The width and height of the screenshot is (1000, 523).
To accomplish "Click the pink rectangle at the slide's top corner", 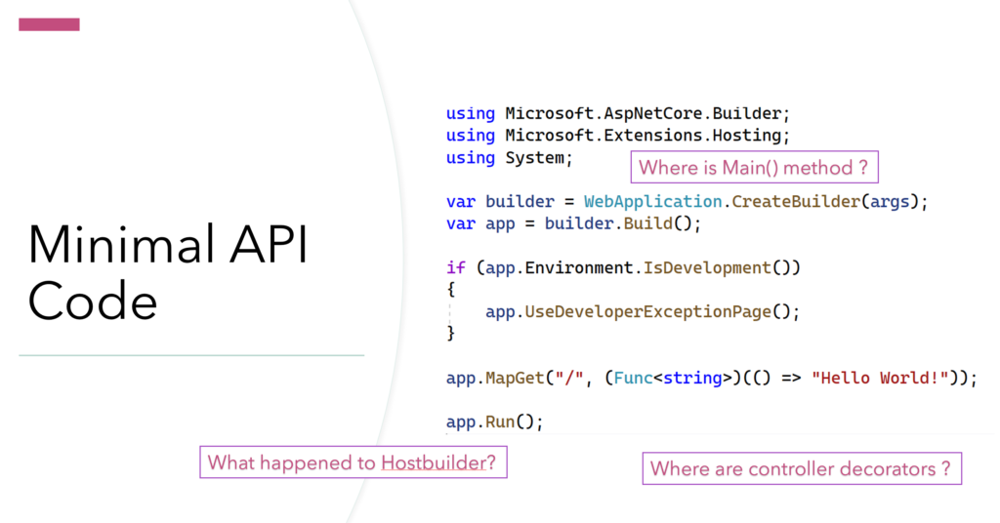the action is tap(49, 24).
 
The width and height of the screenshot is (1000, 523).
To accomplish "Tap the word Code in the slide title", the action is tap(93, 302).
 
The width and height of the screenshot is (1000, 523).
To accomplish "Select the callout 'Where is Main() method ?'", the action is tap(755, 167).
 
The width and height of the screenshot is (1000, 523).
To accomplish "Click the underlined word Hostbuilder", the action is tap(434, 463).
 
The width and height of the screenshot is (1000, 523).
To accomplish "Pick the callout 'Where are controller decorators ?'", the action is tap(802, 468).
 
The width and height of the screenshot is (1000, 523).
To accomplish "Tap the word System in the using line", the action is tap(534, 157).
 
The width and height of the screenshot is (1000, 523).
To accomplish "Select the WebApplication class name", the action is tap(652, 202).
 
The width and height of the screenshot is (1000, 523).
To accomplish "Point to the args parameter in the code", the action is tap(890, 202).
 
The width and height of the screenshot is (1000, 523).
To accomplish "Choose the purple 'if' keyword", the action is tap(456, 267).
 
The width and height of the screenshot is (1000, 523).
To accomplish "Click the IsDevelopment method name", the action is tap(707, 267).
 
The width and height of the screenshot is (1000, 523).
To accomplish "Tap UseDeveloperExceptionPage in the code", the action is tap(648, 311).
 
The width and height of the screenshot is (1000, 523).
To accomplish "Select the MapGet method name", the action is tap(515, 378).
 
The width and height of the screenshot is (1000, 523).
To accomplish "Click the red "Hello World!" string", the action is tap(880, 378).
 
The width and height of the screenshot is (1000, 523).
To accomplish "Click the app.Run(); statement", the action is tap(494, 422).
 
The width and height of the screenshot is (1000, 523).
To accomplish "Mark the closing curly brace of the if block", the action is tap(451, 333).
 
